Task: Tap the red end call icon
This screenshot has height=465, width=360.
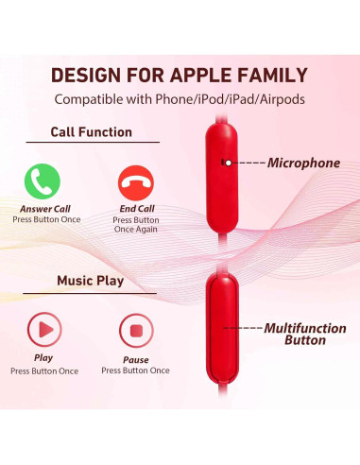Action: coord(136,181)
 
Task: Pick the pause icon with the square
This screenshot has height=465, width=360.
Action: coord(135,332)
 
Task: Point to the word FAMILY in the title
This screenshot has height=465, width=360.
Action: coord(270,75)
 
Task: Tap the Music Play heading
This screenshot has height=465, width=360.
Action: coord(90,281)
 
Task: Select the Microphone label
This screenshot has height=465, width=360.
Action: coord(302,163)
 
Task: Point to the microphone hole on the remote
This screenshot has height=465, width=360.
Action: coord(225,163)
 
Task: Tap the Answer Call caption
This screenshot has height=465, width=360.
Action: coord(45,208)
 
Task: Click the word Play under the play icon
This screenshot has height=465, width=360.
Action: coord(43,358)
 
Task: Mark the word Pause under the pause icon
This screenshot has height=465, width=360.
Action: coord(135,359)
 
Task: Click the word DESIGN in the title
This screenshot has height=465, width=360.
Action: coord(88,75)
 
